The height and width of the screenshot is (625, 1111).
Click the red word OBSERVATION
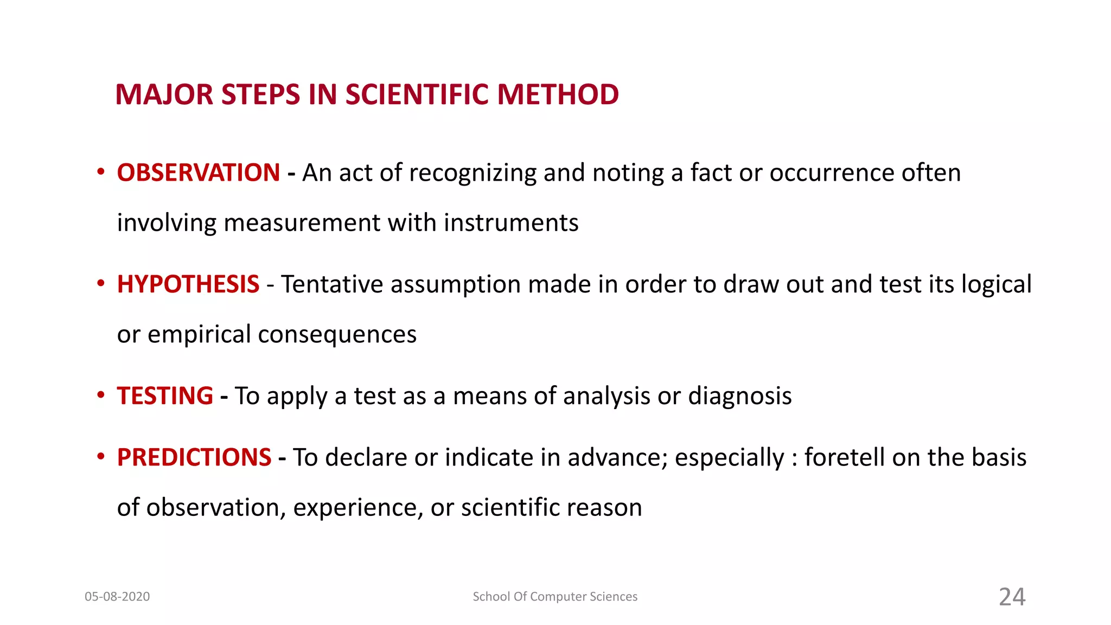(x=199, y=173)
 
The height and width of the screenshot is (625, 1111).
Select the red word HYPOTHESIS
(x=188, y=285)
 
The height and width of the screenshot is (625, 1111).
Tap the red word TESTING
(x=165, y=396)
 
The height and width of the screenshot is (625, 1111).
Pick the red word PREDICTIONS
(x=194, y=457)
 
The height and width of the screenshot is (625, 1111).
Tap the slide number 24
(x=1012, y=597)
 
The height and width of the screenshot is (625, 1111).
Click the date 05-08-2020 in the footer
(x=117, y=597)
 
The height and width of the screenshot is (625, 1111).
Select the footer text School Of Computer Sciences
(x=555, y=597)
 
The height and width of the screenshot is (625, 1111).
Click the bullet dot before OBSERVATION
(x=100, y=172)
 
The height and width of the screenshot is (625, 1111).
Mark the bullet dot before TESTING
(x=100, y=395)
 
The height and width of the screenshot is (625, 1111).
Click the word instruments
(x=511, y=223)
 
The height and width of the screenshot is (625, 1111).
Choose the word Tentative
(x=332, y=285)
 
